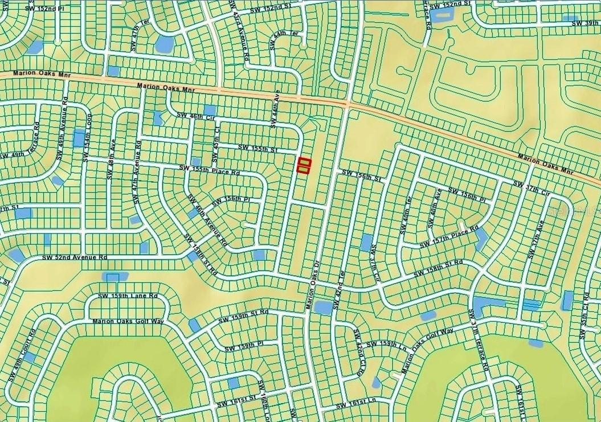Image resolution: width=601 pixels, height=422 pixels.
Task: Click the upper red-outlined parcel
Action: pyautogui.click(x=304, y=161)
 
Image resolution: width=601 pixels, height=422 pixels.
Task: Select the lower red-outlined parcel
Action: pyautogui.click(x=304, y=169)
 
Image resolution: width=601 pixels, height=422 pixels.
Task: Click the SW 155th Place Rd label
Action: pyautogui.click(x=210, y=169)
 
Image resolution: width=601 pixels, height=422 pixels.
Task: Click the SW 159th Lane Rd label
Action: pyautogui.click(x=128, y=296)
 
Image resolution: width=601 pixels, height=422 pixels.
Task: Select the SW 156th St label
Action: pyautogui.click(x=361, y=174)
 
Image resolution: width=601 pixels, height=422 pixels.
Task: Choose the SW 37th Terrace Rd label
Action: pyautogui.click(x=478, y=341)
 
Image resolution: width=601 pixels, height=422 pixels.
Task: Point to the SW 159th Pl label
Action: pyautogui.click(x=243, y=346)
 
